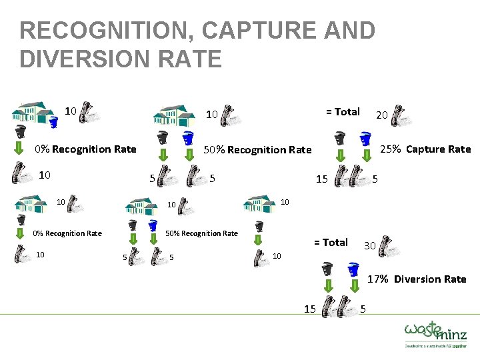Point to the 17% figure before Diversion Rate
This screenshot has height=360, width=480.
[x=379, y=279]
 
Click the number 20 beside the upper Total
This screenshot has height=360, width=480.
[x=382, y=115]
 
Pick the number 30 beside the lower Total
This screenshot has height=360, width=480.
[x=369, y=246]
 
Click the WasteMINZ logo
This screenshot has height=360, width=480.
[x=435, y=333]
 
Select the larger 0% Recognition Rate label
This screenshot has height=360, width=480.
[x=85, y=149]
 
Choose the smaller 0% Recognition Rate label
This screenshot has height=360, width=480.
[x=67, y=233]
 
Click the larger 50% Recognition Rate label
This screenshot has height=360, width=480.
[x=257, y=149]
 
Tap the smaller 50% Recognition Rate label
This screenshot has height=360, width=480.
[x=201, y=233]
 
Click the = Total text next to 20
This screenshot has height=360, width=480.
[x=343, y=111]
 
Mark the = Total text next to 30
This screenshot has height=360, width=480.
[x=331, y=242]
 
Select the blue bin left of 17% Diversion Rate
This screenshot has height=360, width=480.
[x=354, y=270]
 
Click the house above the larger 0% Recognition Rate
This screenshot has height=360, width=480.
[x=33, y=111]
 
